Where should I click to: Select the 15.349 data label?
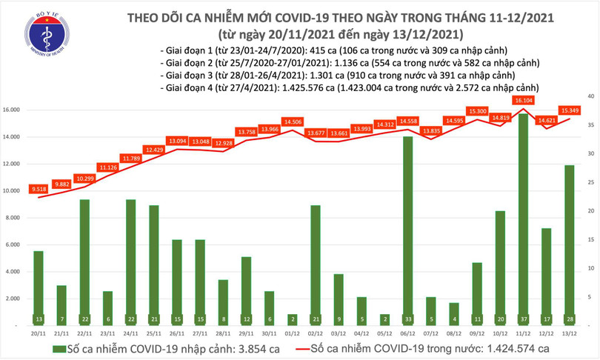(569, 111)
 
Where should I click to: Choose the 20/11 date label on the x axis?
(39, 334)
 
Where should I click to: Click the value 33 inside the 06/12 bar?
(407, 319)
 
